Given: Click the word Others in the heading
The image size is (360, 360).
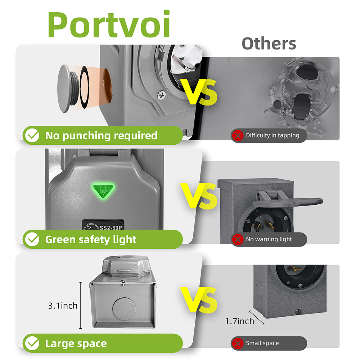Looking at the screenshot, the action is [x=269, y=44].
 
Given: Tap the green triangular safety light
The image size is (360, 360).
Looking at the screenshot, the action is [x=103, y=190].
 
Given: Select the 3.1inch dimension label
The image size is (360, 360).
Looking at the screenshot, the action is [x=63, y=306].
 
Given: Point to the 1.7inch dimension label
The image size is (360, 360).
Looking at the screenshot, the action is [x=239, y=321].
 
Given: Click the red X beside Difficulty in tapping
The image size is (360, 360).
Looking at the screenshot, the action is [x=238, y=135].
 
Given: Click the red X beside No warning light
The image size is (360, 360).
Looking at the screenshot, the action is [x=238, y=239].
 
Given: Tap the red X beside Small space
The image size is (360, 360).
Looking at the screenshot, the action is [x=238, y=343].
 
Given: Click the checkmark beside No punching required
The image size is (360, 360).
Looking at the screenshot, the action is [x=32, y=135].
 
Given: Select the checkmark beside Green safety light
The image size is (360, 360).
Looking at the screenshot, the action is [x=32, y=239].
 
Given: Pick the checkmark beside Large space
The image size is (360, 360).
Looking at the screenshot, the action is [x=32, y=343].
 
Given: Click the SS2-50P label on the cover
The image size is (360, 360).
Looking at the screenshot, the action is [x=111, y=228].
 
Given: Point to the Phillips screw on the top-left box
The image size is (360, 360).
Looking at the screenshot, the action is [x=162, y=95].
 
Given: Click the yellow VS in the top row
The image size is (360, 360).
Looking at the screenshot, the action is [x=199, y=92].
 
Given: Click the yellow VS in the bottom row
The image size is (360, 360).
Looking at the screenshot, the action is [x=199, y=300].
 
